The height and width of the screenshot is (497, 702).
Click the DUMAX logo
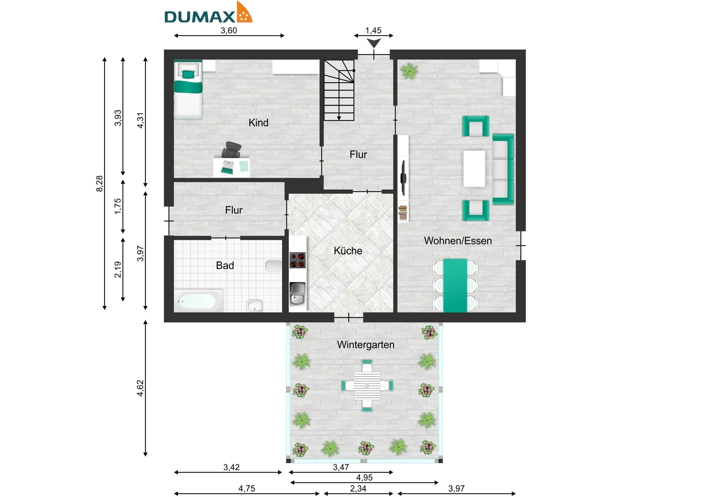[208, 13]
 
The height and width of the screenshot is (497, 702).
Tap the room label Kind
[258, 123]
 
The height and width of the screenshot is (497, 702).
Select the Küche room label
[348, 251]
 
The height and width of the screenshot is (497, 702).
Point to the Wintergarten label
[366, 345]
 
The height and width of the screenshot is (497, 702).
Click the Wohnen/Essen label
[458, 241]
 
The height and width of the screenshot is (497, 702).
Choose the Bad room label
[225, 265]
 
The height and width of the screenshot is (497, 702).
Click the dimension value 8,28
[100, 184]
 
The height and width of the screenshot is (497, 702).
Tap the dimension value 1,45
[373, 31]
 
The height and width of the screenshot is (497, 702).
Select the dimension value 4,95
[364, 477]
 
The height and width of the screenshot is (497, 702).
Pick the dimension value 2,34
[358, 488]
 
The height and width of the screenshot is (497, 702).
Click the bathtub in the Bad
[199, 301]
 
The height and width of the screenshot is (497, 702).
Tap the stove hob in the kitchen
[297, 260]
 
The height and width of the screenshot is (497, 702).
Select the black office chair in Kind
[231, 150]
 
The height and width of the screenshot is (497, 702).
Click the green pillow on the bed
[188, 74]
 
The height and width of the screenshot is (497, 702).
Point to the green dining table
[455, 286]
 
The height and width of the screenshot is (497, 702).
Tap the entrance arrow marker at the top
[374, 43]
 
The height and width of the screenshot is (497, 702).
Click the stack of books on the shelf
[403, 213]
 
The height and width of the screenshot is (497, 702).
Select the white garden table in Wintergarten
[367, 385]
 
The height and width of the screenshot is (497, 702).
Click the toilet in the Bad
[274, 266]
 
